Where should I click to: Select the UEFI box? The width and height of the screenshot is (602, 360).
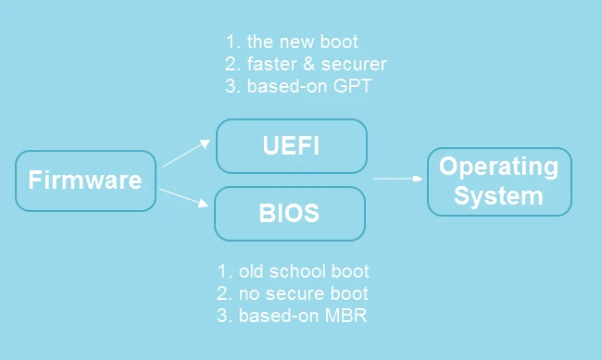click(x=291, y=146)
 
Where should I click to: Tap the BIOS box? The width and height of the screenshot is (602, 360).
click(x=289, y=214)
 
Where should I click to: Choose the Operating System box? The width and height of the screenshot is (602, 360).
click(x=498, y=181)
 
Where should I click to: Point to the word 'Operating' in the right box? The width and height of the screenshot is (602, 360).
click(x=498, y=167)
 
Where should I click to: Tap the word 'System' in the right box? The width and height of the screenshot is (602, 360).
click(x=498, y=196)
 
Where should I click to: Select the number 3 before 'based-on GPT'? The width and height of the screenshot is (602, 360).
click(x=231, y=86)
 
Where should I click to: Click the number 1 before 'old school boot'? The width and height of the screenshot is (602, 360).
click(x=222, y=271)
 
